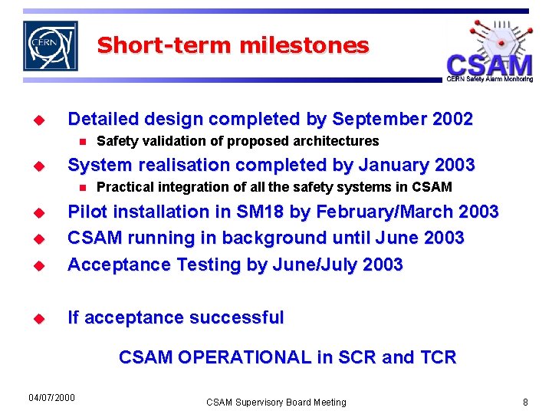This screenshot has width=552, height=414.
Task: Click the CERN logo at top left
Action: [x=51, y=45]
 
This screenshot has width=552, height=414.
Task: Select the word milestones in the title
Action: [x=304, y=45]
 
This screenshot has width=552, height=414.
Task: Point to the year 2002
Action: [x=453, y=120]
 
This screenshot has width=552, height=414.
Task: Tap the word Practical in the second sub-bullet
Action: [x=123, y=187]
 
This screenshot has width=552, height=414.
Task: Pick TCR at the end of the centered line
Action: [x=438, y=357]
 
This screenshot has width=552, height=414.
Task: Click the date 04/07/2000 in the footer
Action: [x=51, y=397]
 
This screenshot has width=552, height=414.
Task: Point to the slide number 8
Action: [x=525, y=402]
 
